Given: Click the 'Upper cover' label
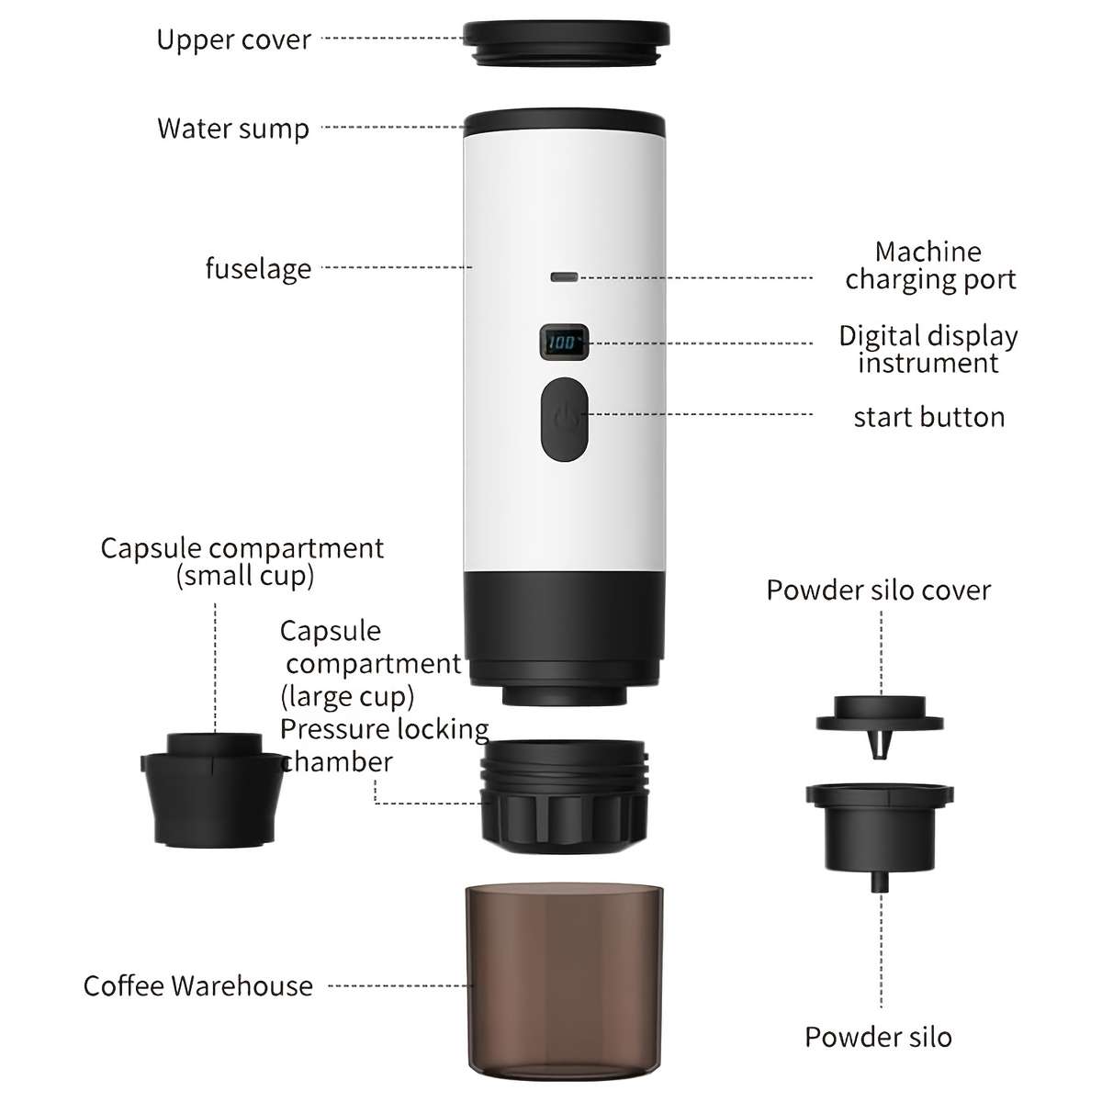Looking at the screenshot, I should pos(233,40).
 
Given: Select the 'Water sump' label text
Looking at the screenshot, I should pos(233,129).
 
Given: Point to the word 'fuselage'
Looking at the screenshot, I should pos(258,269).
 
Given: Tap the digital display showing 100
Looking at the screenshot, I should pos(562,343).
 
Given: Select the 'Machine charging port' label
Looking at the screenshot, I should pos(929,265).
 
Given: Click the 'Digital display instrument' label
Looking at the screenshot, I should pos(928,349).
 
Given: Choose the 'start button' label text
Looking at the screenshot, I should pos(928,418).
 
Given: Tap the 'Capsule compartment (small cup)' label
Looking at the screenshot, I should pos(242,562).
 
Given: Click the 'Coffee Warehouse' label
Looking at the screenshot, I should pos(198,986).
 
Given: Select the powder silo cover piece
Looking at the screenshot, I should pos(880,717).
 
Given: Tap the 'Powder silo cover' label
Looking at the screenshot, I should pos(879,590).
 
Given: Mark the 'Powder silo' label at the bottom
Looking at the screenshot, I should pos(878,1038).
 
